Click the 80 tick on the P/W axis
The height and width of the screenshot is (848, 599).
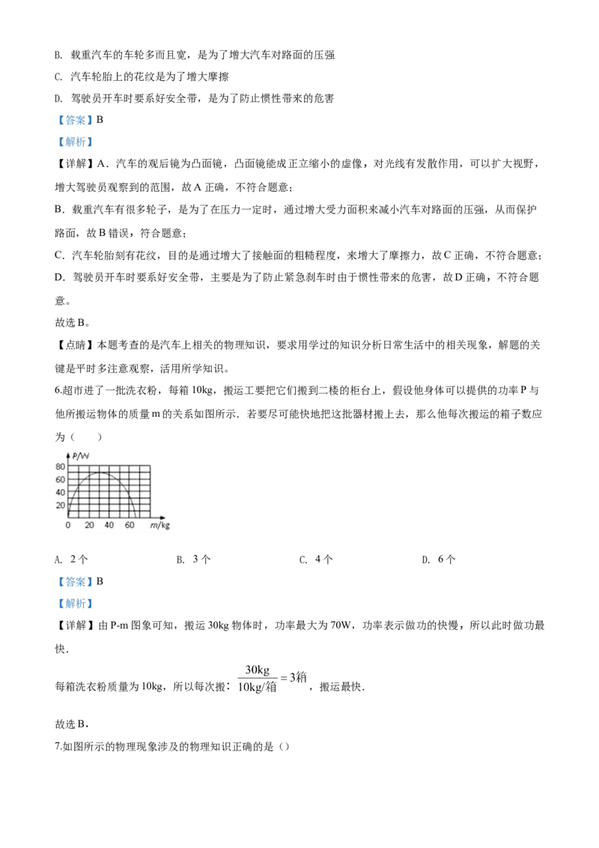pos(60,467)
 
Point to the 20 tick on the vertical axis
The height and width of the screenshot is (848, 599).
pos(60,506)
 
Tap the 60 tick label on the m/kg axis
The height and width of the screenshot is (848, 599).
pos(130,524)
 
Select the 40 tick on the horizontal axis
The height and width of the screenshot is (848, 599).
pos(109,524)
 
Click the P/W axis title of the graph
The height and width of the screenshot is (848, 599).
pos(81,456)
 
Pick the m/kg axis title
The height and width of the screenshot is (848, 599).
pos(159,525)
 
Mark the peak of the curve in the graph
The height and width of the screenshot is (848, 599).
pos(100,473)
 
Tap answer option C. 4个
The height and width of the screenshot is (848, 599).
pos(316,559)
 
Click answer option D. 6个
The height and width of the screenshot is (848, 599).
pos(439,559)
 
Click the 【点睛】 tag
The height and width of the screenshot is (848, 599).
pos(76,345)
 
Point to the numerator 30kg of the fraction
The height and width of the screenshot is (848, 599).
pos(258,670)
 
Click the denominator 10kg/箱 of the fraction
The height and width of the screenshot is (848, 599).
pos(258,687)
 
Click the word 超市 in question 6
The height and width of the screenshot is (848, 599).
pos(73,391)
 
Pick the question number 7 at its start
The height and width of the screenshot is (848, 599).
pos(58,747)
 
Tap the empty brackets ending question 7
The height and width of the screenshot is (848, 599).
pos(285,747)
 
